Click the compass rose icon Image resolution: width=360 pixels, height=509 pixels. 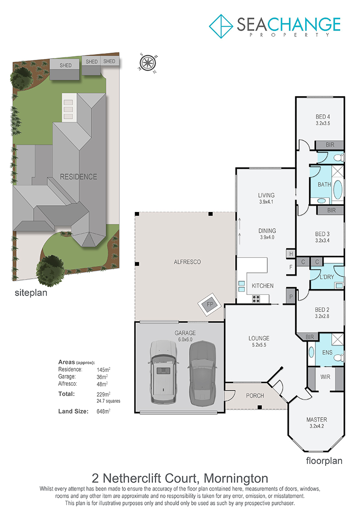[148, 62]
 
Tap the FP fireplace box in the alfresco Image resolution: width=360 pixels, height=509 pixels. [210, 305]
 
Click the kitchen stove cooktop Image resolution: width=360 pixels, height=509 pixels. [256, 299]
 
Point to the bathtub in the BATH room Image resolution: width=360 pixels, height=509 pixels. [337, 189]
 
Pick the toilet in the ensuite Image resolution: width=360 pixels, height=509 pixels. [340, 358]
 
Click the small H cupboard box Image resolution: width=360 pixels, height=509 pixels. [291, 254]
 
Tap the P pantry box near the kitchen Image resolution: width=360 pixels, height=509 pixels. [291, 297]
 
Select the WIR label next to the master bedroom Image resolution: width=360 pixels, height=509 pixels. [325, 377]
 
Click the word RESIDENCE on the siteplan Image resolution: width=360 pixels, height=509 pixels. [79, 176]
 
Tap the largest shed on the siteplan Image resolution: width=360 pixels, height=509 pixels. [65, 69]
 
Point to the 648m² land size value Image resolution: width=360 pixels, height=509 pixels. [103, 411]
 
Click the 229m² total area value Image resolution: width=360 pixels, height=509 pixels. [103, 394]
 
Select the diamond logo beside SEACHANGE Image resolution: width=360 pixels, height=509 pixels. [221, 26]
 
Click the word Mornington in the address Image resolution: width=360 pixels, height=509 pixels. [236, 478]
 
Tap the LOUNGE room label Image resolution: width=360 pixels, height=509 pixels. [259, 338]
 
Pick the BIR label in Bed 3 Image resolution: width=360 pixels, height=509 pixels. [332, 210]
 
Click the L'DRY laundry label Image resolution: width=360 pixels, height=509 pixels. [327, 277]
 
